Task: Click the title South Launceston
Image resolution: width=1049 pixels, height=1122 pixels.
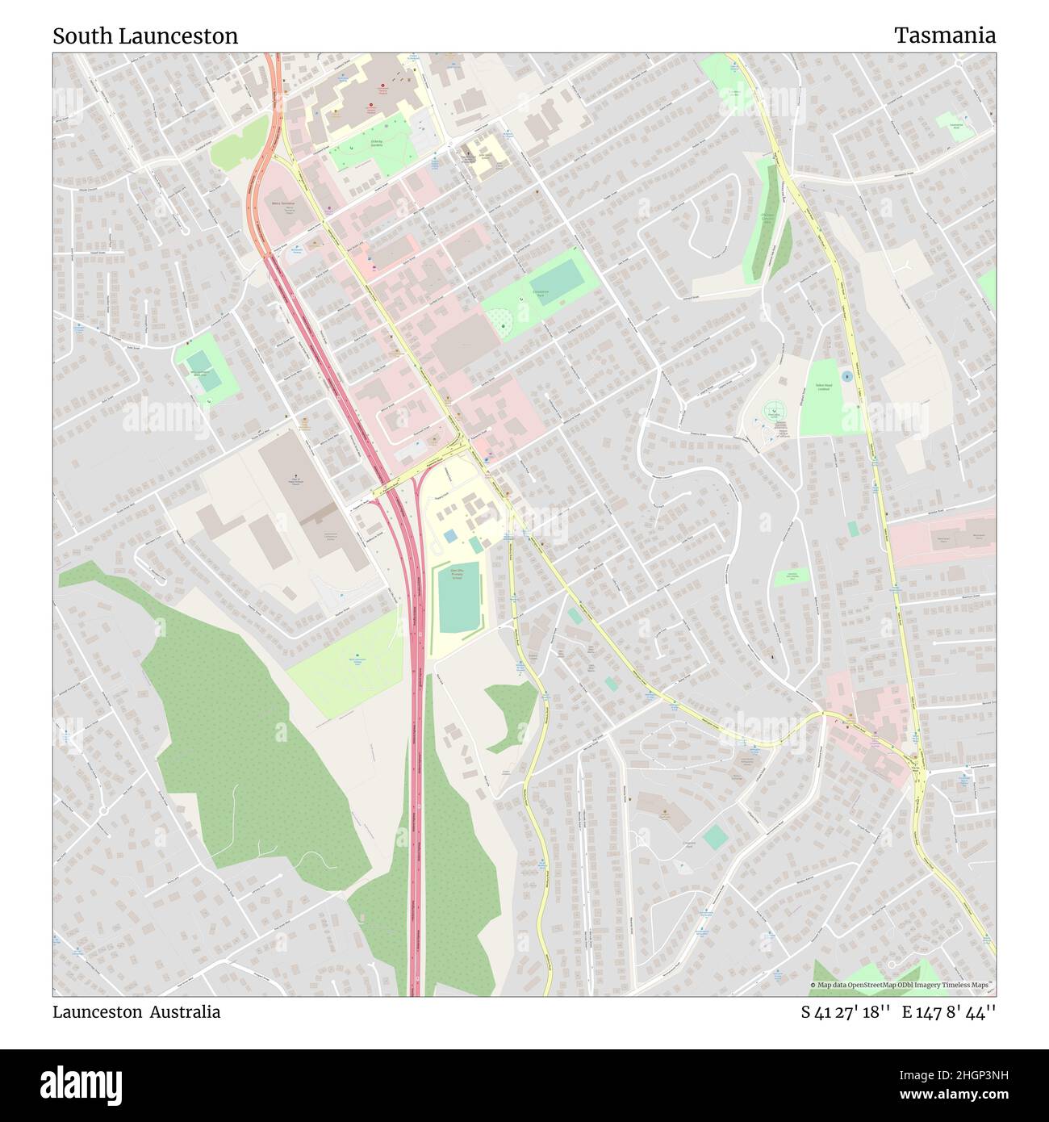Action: (x=145, y=36)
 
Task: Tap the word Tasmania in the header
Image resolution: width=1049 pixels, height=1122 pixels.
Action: (x=944, y=36)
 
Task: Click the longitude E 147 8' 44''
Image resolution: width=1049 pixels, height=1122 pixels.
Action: (x=949, y=1012)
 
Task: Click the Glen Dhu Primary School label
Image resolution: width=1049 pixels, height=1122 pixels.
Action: (x=457, y=573)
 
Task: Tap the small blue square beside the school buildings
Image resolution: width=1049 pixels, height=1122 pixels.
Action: (x=449, y=536)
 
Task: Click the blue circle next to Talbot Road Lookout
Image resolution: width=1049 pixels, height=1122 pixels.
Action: (x=846, y=376)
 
